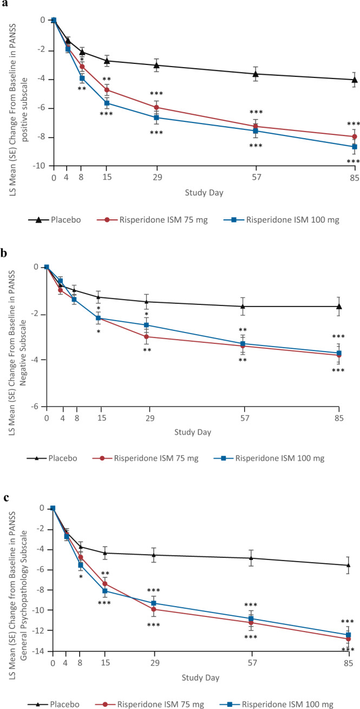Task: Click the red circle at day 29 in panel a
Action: click(x=156, y=107)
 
